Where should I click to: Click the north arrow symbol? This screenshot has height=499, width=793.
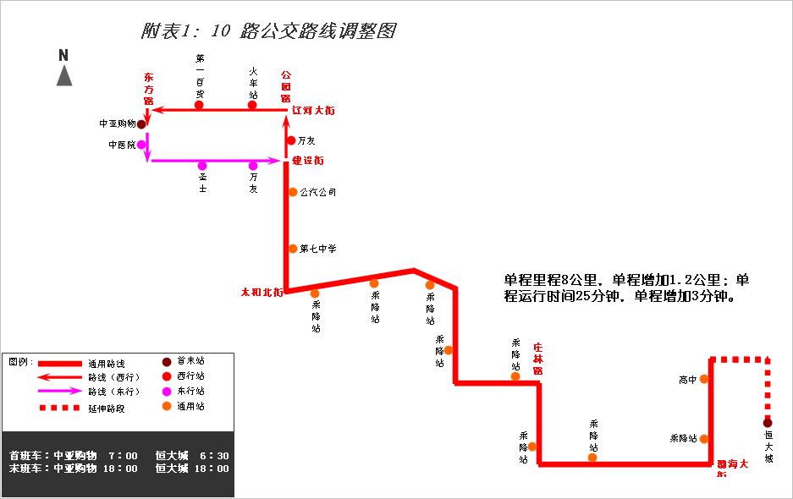coord(64,75)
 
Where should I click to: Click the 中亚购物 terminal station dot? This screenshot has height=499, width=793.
coord(142,123)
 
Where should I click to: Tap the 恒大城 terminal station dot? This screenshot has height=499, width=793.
coord(768,422)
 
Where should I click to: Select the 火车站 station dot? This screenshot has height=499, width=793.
coord(253,105)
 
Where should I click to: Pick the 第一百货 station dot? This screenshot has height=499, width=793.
coord(200,105)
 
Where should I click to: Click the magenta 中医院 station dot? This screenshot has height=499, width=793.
coord(142,145)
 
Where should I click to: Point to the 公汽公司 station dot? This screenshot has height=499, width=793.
coord(293,192)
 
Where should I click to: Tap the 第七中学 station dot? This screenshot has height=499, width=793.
coord(293,249)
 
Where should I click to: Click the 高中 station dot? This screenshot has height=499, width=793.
coord(704,380)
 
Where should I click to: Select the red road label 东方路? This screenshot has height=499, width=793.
coord(149,88)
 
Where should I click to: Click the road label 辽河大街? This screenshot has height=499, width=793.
coord(313,111)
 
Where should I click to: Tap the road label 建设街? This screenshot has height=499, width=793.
coord(308,160)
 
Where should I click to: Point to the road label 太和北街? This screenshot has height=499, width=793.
coord(262,293)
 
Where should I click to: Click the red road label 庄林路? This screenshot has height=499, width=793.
coord(537,358)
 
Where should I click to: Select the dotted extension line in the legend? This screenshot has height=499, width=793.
coord(59,408)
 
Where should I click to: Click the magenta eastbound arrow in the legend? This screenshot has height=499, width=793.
coord(59,392)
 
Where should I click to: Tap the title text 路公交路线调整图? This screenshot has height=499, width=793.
coord(318,32)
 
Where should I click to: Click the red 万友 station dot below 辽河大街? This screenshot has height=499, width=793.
coord(291,140)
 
